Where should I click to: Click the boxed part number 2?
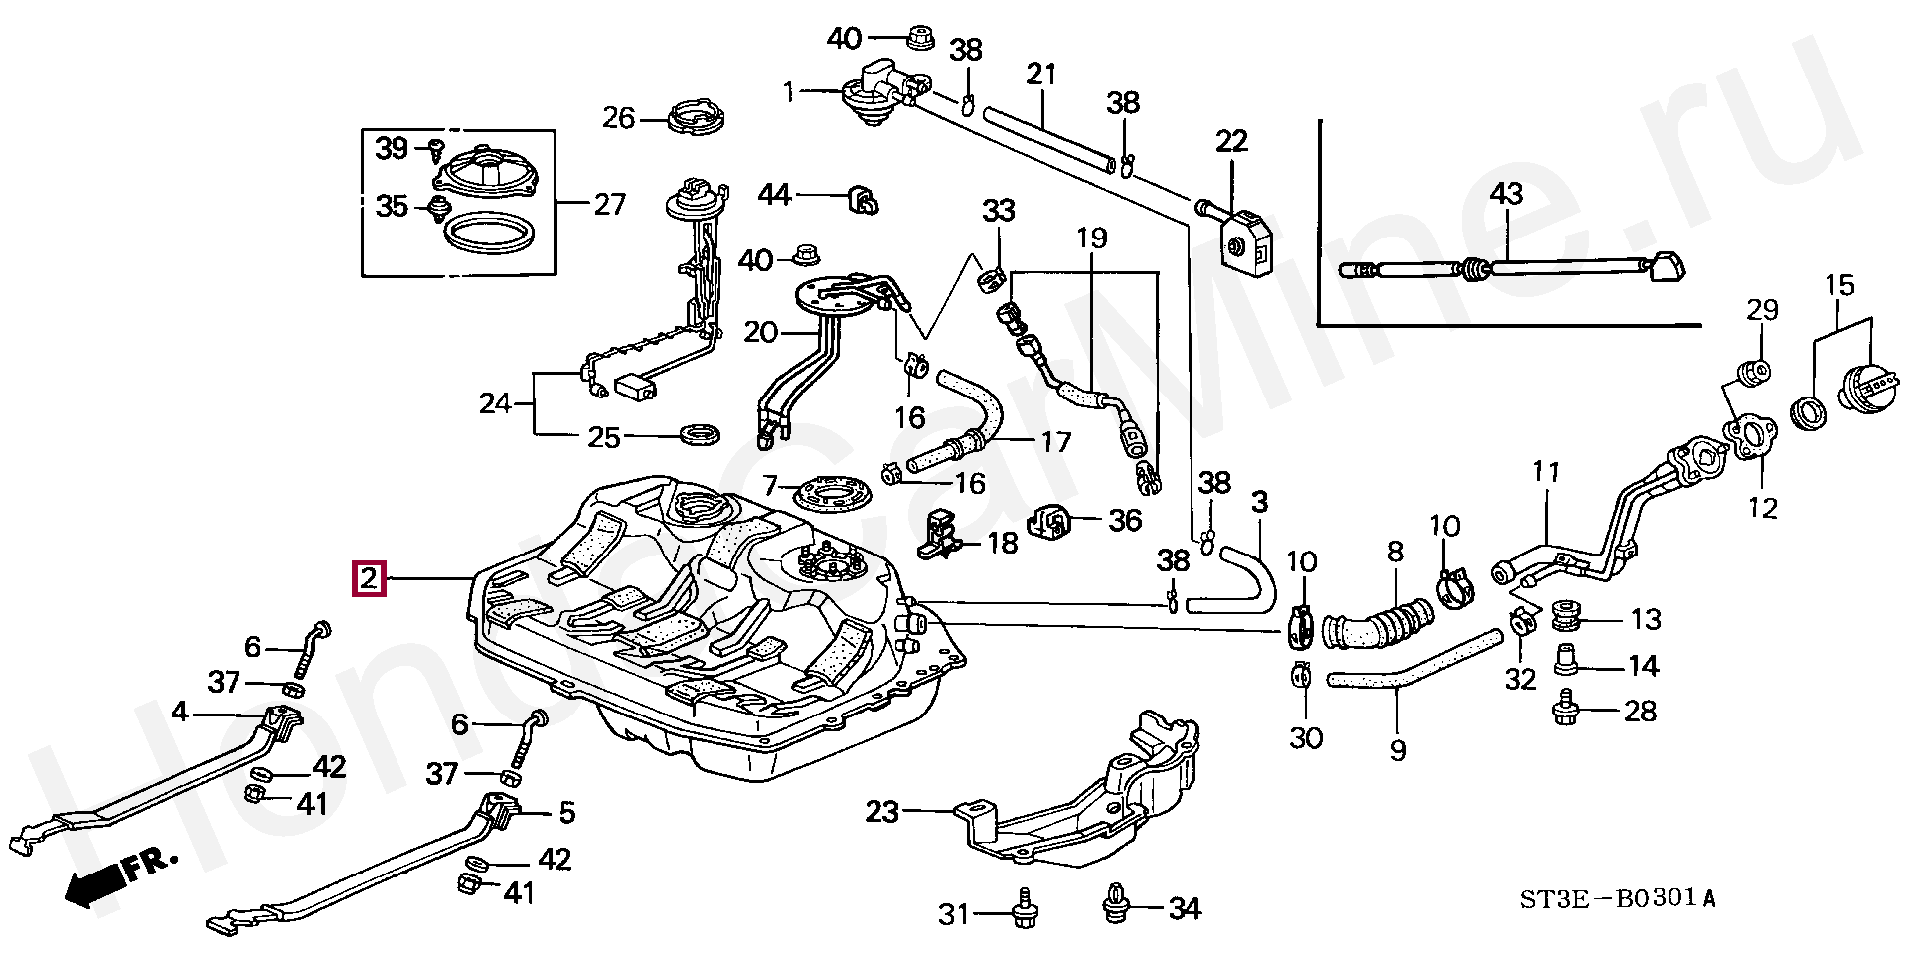pos(369,577)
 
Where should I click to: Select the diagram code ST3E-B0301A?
pos(1617,899)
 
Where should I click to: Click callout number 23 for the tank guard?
pos(881,812)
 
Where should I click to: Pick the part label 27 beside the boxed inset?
pos(609,204)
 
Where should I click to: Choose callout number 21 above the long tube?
pos(1040,74)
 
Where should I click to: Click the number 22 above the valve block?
pos(1231,141)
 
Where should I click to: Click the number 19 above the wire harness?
pos(1091,238)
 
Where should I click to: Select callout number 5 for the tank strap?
pos(566,812)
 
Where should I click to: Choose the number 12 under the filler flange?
pos(1762,508)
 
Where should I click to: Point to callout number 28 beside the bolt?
pos(1640,711)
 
